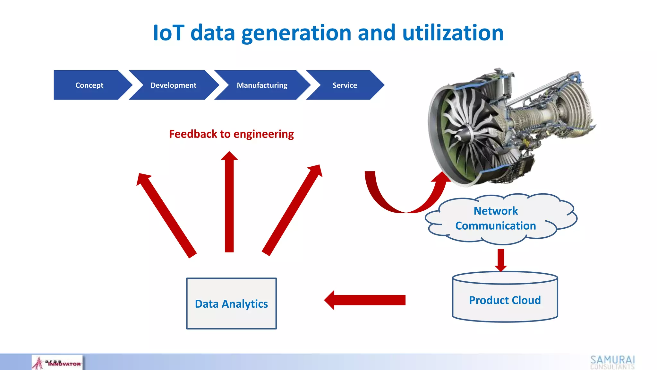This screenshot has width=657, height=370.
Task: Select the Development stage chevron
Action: pos(174,85)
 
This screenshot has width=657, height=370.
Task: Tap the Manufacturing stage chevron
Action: pos(262,85)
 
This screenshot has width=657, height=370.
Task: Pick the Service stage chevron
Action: pos(345,85)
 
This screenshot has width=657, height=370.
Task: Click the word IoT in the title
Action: pos(168,33)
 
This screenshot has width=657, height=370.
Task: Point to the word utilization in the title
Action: pos(453,33)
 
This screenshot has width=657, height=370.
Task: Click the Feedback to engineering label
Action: pos(231,134)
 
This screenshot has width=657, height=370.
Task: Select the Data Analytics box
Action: pos(231,304)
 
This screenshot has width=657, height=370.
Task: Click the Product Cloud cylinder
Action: pos(505,300)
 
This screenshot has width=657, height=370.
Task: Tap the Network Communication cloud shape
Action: pos(496,218)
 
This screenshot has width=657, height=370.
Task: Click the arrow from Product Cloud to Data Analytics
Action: pos(366,300)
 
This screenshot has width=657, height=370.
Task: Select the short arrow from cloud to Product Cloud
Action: pos(501,260)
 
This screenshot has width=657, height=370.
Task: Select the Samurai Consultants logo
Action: pos(612,362)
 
